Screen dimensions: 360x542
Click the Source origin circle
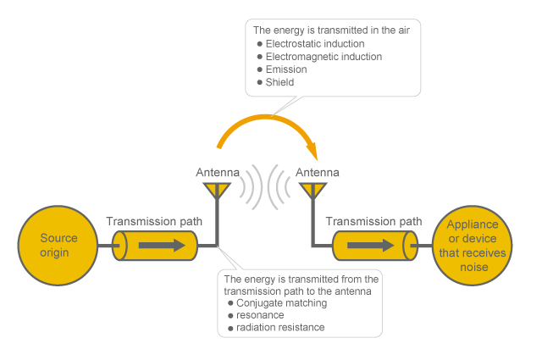[58, 245]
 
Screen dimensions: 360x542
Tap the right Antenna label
[318, 173]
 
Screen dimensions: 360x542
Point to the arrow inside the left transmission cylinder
[161, 246]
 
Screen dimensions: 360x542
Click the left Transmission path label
[154, 221]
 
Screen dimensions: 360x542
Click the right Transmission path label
[373, 221]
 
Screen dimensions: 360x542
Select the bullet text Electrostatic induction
[315, 43]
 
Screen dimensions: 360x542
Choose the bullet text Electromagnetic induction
[324, 57]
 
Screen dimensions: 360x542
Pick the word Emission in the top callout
[286, 69]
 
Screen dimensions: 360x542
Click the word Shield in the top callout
[279, 82]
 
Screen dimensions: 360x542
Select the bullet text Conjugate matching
[281, 302]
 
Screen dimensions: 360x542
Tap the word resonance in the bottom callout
[260, 315]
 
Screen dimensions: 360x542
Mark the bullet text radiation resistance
[280, 327]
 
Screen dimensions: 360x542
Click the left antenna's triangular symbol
[218, 191]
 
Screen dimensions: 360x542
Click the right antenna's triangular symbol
[312, 191]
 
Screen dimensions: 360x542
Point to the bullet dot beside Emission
[259, 69]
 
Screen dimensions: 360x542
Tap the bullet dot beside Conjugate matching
[230, 302]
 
